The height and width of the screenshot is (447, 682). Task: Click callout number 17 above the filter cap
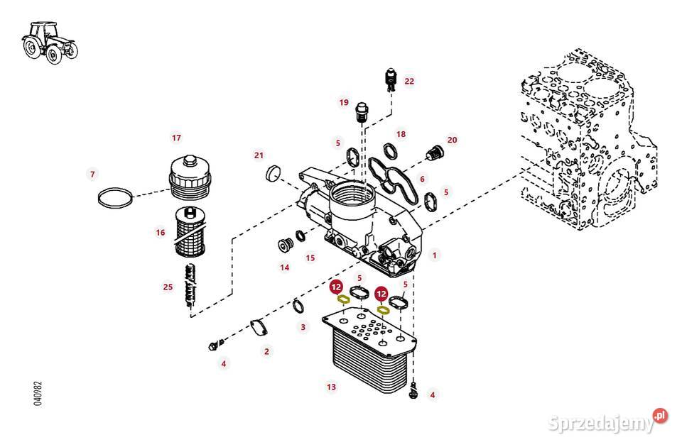point(176,137)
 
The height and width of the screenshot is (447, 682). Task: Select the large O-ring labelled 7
point(114,199)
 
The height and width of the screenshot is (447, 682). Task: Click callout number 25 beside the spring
point(168,287)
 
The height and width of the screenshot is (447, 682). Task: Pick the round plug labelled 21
point(274,173)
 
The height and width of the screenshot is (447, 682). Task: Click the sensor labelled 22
point(389,79)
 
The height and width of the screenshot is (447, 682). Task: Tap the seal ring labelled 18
point(390,150)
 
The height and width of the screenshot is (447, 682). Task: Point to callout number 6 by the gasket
point(422,180)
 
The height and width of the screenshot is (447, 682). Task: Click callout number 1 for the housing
point(435,254)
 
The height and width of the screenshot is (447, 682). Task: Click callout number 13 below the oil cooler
point(331,387)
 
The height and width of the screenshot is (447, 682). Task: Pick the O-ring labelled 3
point(299,307)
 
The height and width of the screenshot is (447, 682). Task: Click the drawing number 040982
point(38,393)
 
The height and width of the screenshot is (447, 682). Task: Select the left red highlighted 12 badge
point(337,287)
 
